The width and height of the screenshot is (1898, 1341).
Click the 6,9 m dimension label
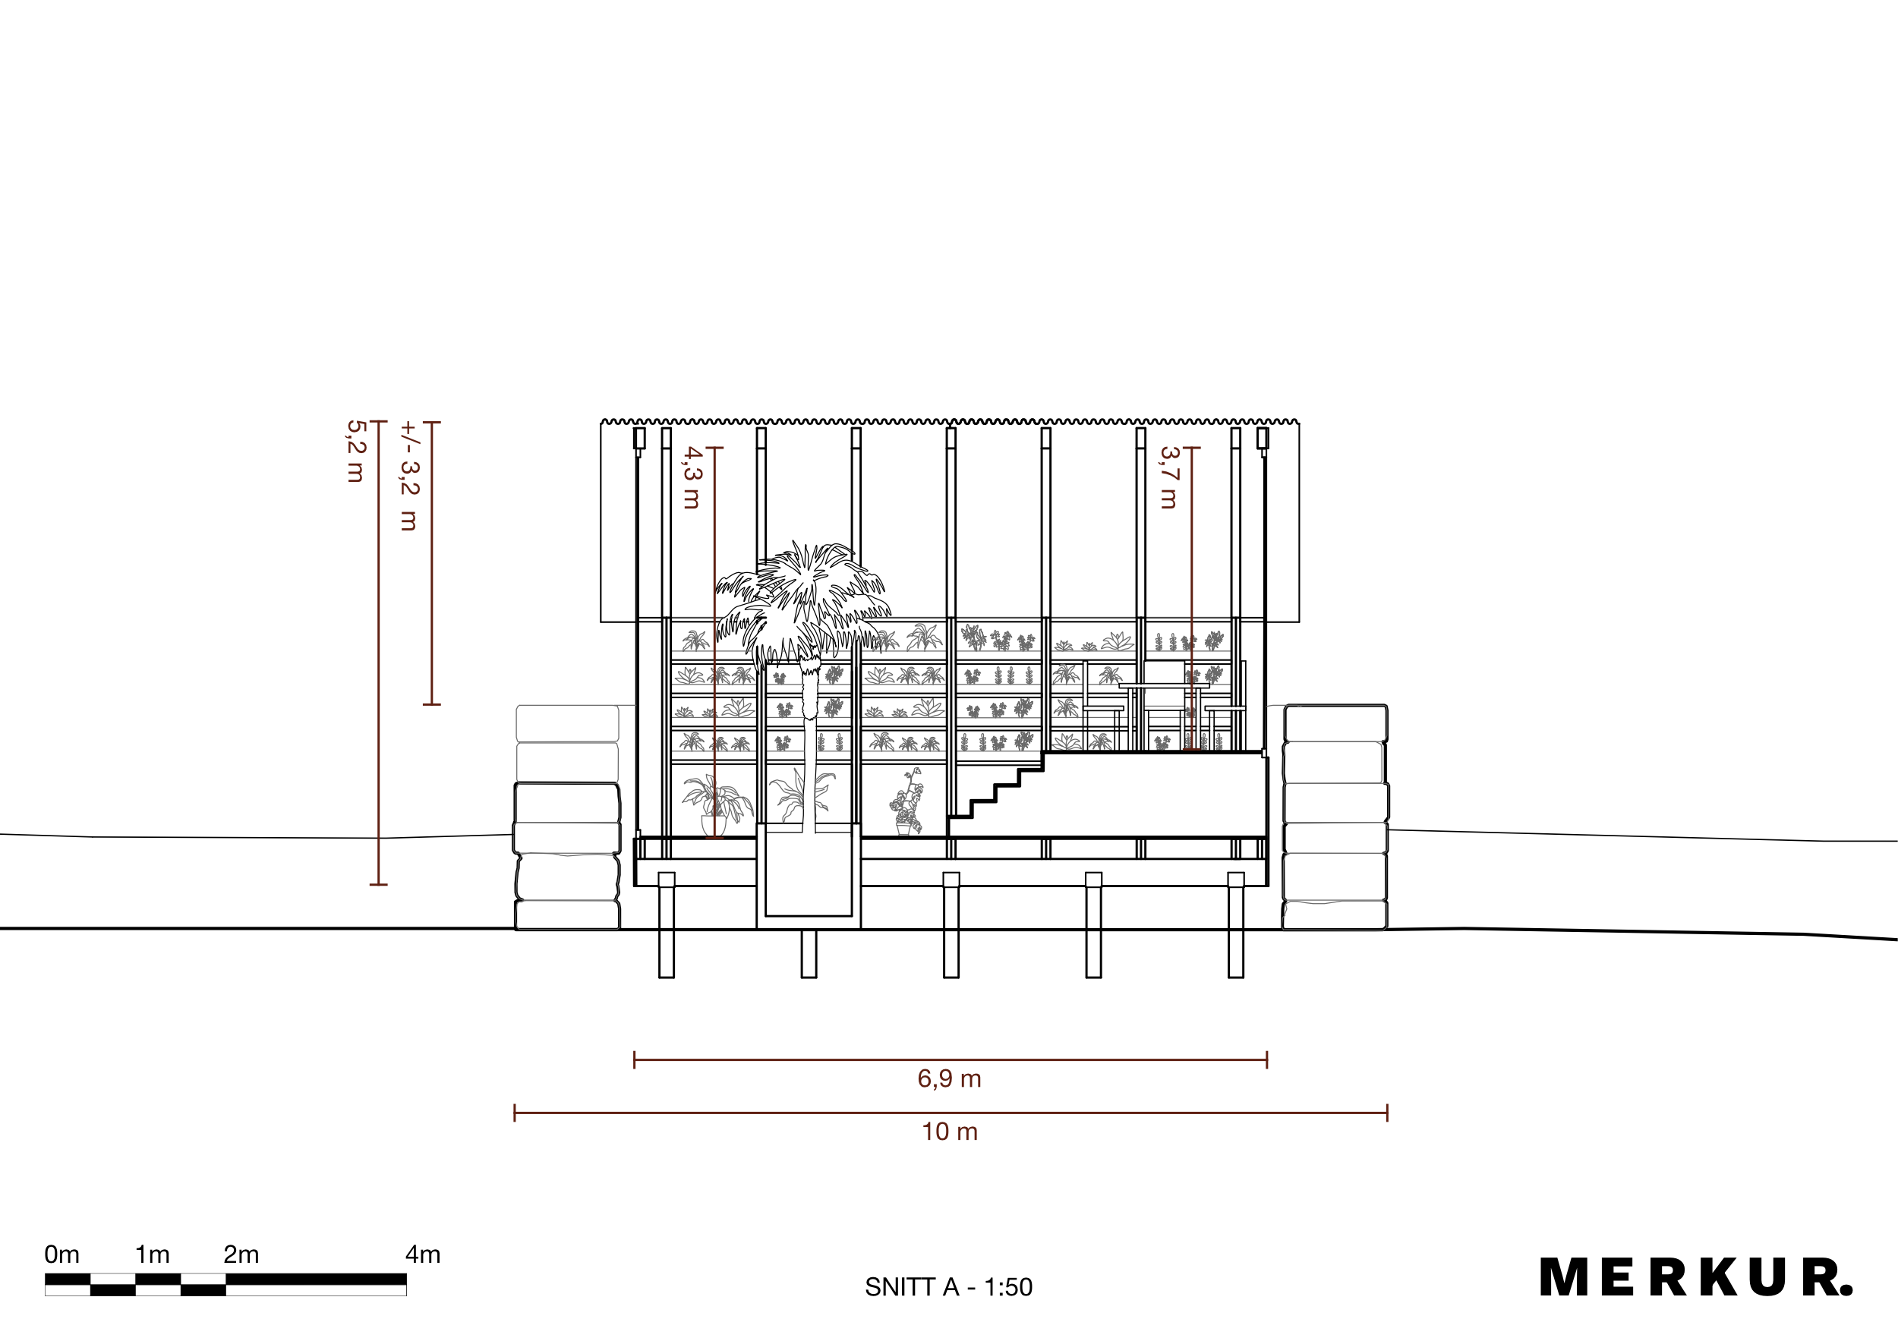click(949, 1078)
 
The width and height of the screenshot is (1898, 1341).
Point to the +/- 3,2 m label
click(409, 475)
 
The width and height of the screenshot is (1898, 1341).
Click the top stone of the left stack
click(567, 723)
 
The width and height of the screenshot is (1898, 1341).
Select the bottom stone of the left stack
click(568, 914)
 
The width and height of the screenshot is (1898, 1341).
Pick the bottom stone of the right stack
click(1334, 915)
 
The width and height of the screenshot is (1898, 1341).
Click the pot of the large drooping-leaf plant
click(712, 825)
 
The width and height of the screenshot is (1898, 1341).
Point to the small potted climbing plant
click(906, 802)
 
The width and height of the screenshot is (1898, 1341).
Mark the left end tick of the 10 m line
click(515, 1113)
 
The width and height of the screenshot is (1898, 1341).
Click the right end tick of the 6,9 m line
click(1266, 1059)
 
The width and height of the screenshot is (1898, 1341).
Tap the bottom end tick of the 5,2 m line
click(378, 885)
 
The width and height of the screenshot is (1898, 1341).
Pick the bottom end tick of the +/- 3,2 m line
click(431, 704)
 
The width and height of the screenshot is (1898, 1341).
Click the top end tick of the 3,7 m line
click(1191, 448)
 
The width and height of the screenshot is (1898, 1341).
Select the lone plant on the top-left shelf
click(695, 641)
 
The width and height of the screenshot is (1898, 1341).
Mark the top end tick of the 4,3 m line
click(715, 448)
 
